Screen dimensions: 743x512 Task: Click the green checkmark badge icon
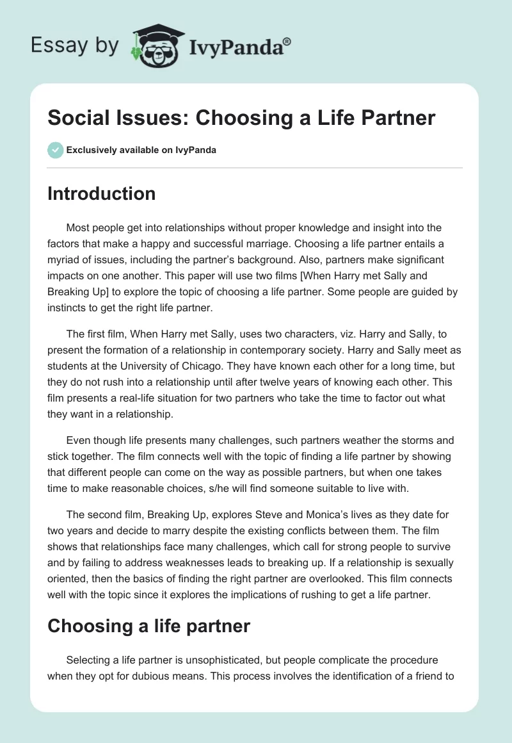click(x=54, y=150)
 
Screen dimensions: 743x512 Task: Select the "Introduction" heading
click(x=101, y=193)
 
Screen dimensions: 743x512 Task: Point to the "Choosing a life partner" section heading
click(x=148, y=626)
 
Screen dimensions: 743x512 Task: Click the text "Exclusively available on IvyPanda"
click(x=141, y=150)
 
